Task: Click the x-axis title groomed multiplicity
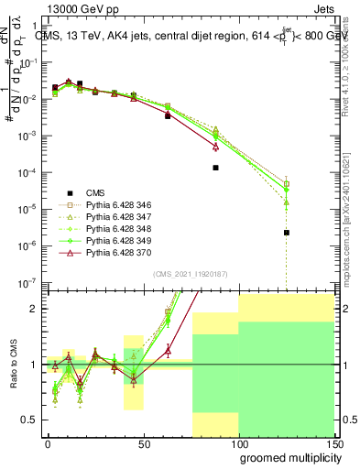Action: [x=286, y=457]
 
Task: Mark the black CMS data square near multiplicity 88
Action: [x=215, y=168]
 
